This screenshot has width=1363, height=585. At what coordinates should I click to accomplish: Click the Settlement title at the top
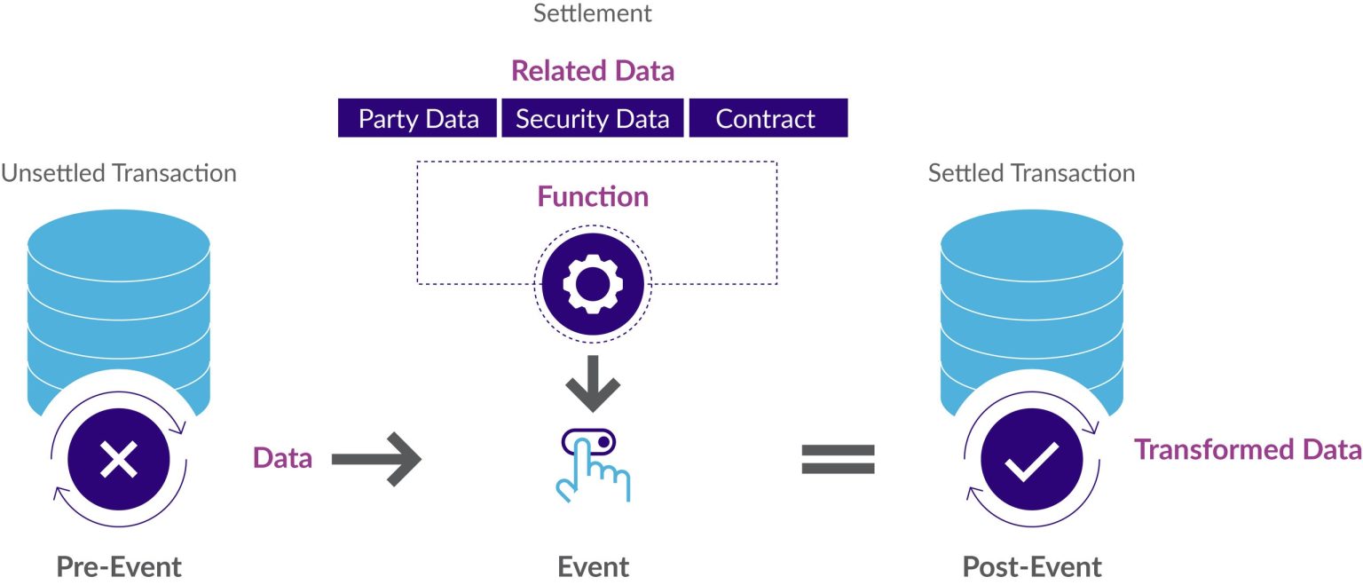tap(592, 13)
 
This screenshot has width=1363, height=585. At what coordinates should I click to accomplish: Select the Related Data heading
tap(593, 71)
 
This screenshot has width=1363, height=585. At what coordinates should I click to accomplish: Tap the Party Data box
tap(418, 119)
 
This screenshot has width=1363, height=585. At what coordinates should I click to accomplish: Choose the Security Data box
tap(592, 119)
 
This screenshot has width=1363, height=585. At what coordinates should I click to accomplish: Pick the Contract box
tap(766, 119)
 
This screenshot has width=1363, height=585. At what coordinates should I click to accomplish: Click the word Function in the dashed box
tap(593, 196)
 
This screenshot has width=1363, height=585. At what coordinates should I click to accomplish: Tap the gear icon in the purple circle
tap(593, 284)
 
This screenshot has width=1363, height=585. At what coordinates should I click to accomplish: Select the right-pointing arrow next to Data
tap(376, 459)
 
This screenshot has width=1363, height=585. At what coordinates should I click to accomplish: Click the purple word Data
tap(282, 458)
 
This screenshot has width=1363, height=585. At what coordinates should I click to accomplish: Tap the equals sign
tap(838, 459)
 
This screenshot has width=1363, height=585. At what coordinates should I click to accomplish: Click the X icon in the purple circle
tap(118, 459)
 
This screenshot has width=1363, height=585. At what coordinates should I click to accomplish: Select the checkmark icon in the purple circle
tap(1031, 459)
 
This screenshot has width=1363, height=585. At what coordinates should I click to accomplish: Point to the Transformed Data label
tap(1248, 450)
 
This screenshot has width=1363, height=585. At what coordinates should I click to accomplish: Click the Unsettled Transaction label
tap(119, 172)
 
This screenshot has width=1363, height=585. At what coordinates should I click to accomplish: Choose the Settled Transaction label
tap(1031, 172)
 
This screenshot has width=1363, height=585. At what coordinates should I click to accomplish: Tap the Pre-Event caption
tap(119, 566)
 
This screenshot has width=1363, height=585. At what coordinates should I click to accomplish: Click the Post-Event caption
tap(1032, 566)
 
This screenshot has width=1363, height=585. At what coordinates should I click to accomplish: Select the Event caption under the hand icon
tap(593, 566)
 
